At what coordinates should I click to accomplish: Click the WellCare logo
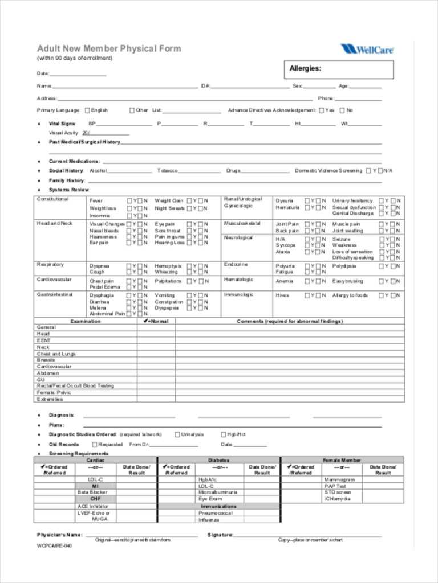point(367,50)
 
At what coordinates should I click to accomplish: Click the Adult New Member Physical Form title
point(109,48)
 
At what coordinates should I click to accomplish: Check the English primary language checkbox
point(87,110)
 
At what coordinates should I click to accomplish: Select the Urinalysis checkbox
point(177,434)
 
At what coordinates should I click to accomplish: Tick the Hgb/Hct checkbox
point(223,434)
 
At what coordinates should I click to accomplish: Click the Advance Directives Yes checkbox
point(322,110)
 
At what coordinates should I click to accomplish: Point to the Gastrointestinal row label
point(55,295)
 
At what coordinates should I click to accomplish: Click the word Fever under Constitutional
point(96,200)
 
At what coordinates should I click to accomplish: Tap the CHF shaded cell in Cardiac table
point(95,499)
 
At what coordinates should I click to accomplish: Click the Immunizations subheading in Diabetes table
point(218,506)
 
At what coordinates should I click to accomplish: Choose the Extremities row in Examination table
point(50,399)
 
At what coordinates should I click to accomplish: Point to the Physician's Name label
point(60,535)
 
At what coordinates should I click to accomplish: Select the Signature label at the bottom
point(220,535)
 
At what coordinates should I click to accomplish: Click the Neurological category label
point(238,237)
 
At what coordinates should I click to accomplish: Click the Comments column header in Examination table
point(290,321)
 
